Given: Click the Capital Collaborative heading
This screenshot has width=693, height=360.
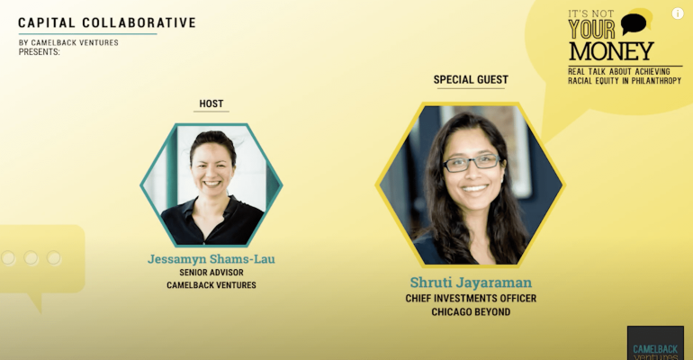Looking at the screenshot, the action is pyautogui.click(x=107, y=22).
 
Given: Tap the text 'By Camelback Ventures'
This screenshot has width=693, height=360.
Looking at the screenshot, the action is pyautogui.click(x=68, y=43).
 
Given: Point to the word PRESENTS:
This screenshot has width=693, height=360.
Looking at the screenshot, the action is pyautogui.click(x=40, y=51).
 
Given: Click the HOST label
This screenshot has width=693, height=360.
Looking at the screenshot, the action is pyautogui.click(x=211, y=103).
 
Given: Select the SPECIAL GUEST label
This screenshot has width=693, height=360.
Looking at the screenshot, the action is pyautogui.click(x=471, y=79).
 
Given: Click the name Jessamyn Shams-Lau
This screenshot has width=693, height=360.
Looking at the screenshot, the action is pyautogui.click(x=211, y=259).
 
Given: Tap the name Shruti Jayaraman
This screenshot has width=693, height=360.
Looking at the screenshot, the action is pyautogui.click(x=471, y=283).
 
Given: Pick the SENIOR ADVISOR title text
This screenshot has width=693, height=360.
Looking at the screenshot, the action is pyautogui.click(x=211, y=273).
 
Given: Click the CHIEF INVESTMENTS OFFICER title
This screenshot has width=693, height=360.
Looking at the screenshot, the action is pyautogui.click(x=471, y=299).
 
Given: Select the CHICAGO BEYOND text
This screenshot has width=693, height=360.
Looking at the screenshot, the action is pyautogui.click(x=471, y=312).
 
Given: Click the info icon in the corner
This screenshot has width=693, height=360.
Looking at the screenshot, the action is pyautogui.click(x=678, y=13).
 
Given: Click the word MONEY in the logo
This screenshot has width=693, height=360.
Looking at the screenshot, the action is pyautogui.click(x=611, y=51).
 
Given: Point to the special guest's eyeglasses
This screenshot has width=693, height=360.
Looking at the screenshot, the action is pyautogui.click(x=472, y=163).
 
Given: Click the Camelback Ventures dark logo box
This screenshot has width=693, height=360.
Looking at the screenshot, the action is pyautogui.click(x=655, y=343).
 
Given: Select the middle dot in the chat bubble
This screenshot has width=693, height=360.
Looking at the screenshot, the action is pyautogui.click(x=31, y=258).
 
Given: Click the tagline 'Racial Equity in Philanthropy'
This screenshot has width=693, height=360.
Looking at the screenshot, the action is pyautogui.click(x=625, y=81).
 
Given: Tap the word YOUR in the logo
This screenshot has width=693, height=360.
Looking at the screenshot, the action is pyautogui.click(x=592, y=30).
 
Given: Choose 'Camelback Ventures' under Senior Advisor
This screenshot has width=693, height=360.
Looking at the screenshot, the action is pyautogui.click(x=211, y=285).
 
